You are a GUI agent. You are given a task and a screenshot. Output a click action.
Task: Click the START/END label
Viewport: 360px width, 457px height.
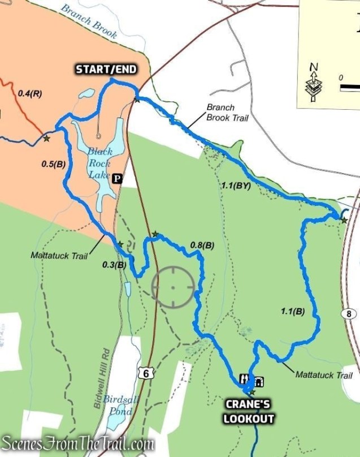tap(106, 70)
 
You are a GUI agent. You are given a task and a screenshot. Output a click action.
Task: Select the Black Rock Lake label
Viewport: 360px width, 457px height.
tap(99, 163)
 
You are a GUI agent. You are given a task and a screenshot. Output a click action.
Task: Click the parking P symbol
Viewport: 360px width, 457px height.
tap(117, 179)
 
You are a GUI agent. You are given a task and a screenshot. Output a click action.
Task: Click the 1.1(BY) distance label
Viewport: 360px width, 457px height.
tap(233, 185)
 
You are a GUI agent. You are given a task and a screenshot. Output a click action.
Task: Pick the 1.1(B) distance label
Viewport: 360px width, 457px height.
tap(292, 311)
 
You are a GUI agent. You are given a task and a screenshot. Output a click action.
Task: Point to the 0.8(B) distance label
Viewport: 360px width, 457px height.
tap(202, 245)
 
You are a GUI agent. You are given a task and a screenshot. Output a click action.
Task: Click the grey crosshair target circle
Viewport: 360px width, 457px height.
tap(172, 287)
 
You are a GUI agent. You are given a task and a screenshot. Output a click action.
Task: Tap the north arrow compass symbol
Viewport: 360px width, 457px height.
tap(314, 82)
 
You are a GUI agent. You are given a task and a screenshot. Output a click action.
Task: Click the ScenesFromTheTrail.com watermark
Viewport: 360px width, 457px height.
tap(78, 442)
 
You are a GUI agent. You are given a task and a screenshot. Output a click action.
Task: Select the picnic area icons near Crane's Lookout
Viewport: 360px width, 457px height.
tap(252, 380)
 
